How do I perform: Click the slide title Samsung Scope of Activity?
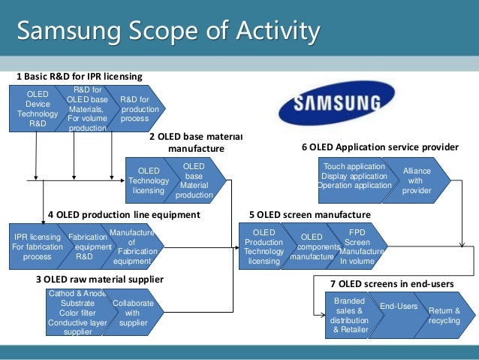[x=168, y=32]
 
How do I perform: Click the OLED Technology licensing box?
[x=146, y=180]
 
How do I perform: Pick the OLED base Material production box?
[x=196, y=180]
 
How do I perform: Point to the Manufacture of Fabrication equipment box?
[x=135, y=246]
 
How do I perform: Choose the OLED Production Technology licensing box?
[x=264, y=247]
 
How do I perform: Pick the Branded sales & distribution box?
[x=346, y=314]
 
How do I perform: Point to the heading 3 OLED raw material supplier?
[x=99, y=279]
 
